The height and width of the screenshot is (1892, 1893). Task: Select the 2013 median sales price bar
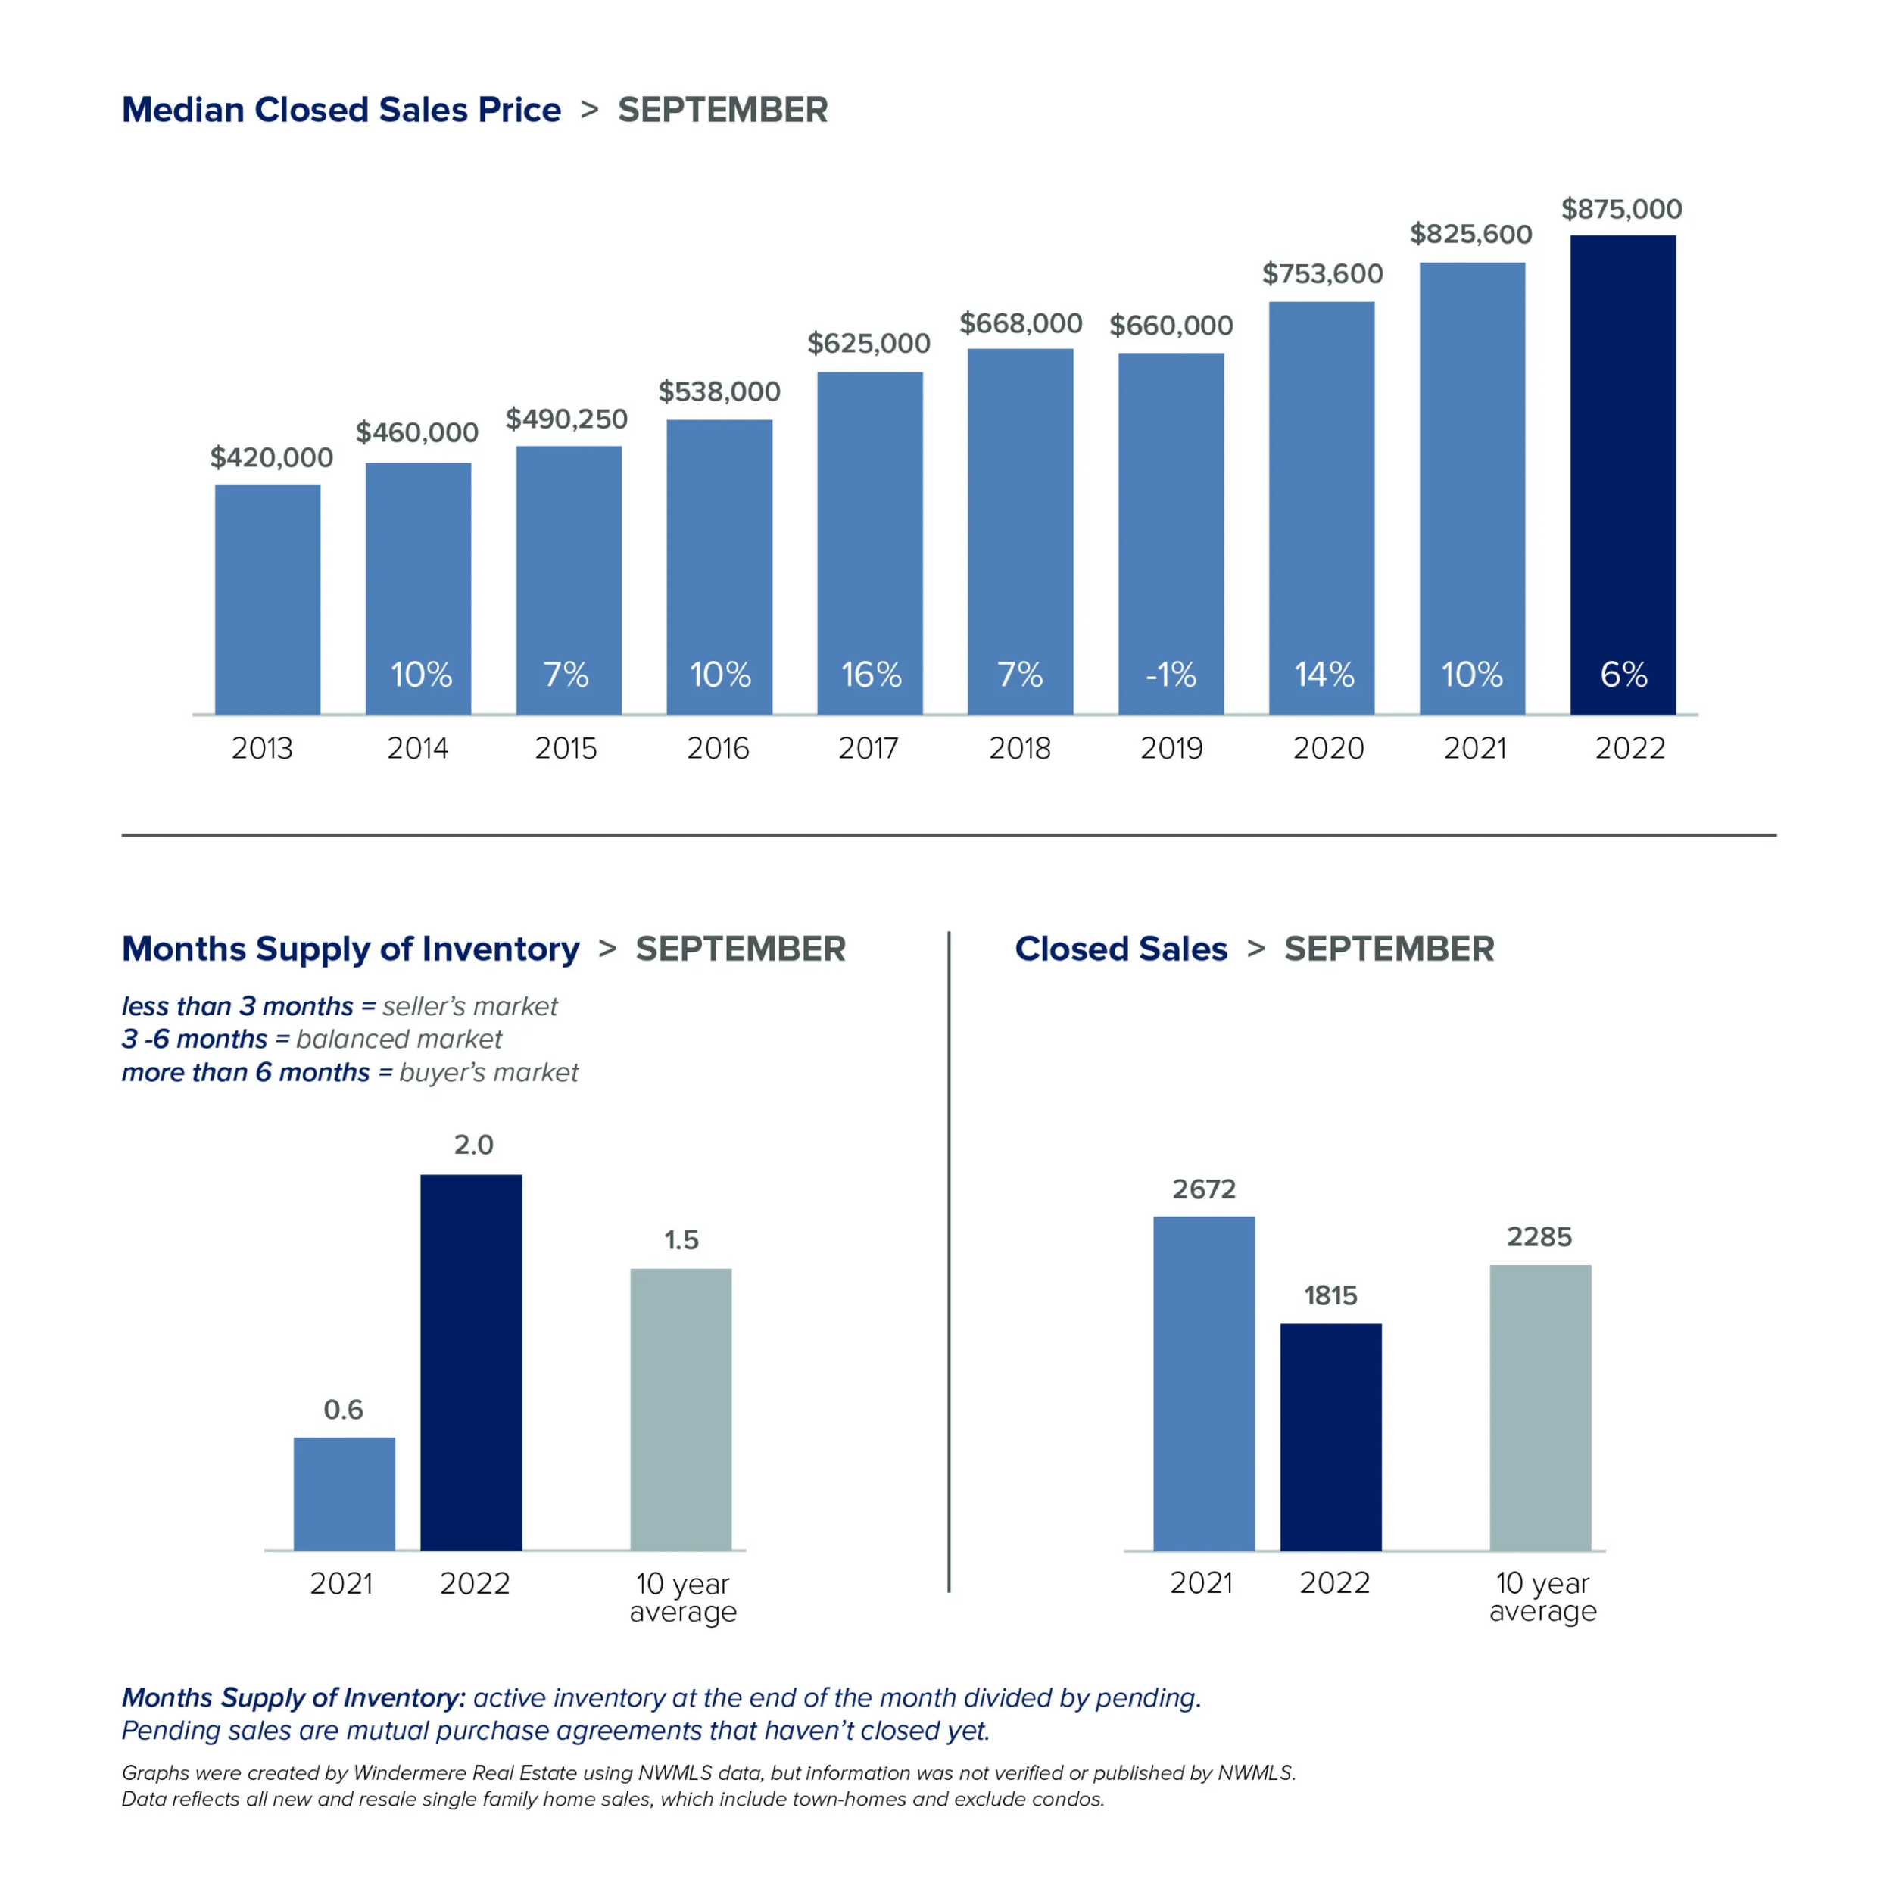(267, 597)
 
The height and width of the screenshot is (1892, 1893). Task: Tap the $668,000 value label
(1020, 323)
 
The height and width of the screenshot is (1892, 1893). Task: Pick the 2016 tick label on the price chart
(718, 749)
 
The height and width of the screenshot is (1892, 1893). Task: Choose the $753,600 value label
(1322, 273)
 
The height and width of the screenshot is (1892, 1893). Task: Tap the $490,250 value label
(566, 419)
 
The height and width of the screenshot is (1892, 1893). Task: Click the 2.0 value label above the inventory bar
(473, 1145)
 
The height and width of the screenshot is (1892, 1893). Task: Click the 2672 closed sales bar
(1203, 1382)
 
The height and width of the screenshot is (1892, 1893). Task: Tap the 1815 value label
(1330, 1295)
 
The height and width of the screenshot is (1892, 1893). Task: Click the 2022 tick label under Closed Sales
(1333, 1582)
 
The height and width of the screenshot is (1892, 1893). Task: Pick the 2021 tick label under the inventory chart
(341, 1583)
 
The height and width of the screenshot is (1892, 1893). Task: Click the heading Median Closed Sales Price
(341, 110)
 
